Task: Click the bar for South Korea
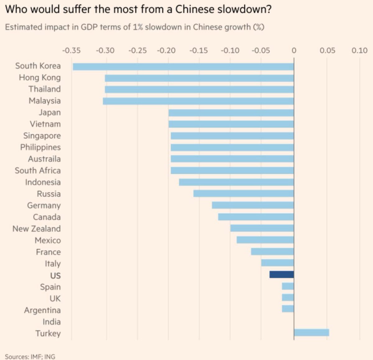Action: tap(183, 67)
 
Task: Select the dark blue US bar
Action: tap(282, 275)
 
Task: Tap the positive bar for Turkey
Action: tap(311, 333)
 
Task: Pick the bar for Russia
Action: tap(243, 194)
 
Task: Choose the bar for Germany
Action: tap(253, 205)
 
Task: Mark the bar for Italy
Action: tap(278, 263)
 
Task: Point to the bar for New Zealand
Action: tap(262, 228)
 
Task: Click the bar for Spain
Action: tap(288, 286)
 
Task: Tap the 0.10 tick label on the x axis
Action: tap(360, 50)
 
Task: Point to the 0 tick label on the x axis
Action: tap(294, 50)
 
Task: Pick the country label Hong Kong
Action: tap(40, 77)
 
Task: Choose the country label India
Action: tap(52, 322)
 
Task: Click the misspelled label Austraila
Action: tap(44, 159)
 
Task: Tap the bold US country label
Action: tap(55, 275)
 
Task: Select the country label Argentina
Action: tap(42, 310)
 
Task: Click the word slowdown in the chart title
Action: tap(244, 9)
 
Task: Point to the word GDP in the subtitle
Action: tap(90, 27)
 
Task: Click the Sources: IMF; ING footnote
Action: tap(30, 357)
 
